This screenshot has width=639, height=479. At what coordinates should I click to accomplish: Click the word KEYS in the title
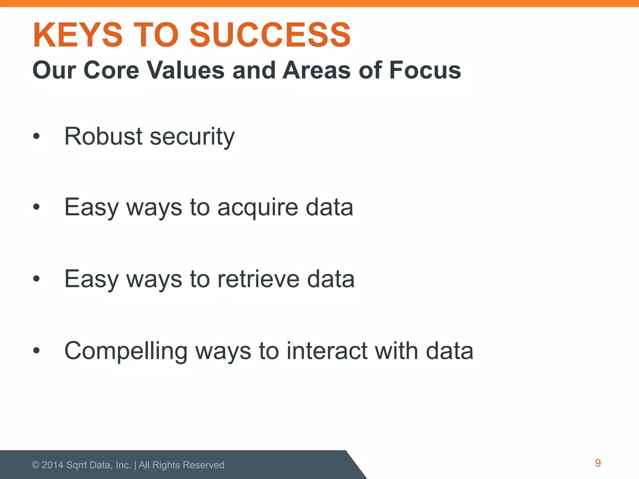click(x=78, y=35)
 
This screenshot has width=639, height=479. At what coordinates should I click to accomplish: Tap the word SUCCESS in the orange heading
click(x=270, y=35)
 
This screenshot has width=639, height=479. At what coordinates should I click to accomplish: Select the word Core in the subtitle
click(x=111, y=70)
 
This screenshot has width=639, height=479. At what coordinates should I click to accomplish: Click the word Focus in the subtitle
click(x=425, y=70)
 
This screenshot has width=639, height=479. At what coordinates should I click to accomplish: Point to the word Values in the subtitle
click(x=186, y=70)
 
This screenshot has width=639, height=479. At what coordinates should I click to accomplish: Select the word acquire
click(x=258, y=208)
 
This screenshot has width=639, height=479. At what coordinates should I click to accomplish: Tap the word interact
click(x=326, y=351)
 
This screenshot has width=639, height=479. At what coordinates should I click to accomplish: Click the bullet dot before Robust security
click(x=37, y=136)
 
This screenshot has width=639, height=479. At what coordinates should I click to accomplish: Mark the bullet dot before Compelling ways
click(x=37, y=351)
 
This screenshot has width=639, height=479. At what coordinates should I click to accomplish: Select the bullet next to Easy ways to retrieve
click(x=37, y=278)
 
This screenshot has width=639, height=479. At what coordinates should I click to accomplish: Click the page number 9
click(x=598, y=463)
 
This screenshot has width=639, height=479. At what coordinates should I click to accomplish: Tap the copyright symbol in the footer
click(x=36, y=465)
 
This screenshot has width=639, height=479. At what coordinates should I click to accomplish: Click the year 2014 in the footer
click(x=52, y=465)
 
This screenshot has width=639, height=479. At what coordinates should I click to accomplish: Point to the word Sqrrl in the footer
click(x=77, y=465)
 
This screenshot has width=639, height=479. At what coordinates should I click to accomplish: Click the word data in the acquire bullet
click(x=329, y=207)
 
